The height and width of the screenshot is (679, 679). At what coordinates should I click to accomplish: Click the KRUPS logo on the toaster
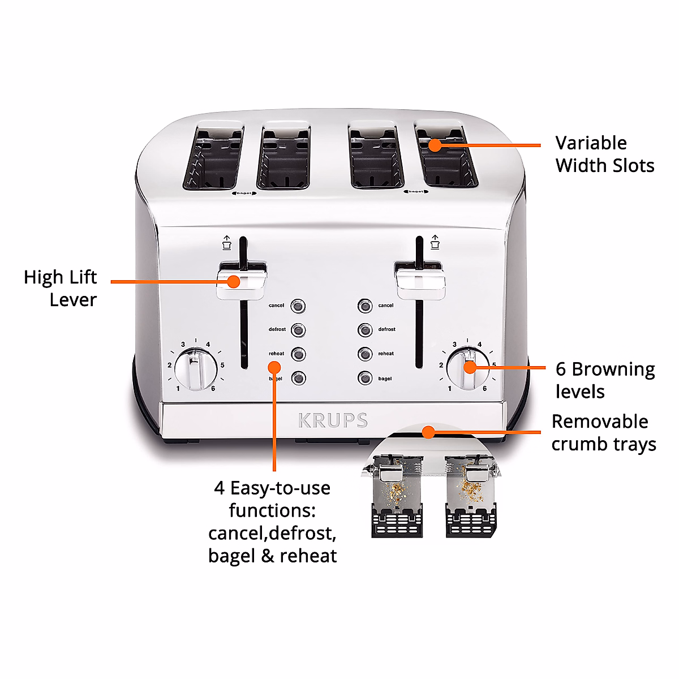click(333, 420)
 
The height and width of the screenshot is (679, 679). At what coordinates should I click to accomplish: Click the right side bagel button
click(365, 378)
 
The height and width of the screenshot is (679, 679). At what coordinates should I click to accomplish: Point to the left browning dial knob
click(195, 369)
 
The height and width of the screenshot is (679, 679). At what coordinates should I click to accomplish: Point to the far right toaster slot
click(446, 157)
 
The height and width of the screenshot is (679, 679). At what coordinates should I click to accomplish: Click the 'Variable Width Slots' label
click(604, 154)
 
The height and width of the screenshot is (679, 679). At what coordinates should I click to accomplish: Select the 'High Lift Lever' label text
click(61, 289)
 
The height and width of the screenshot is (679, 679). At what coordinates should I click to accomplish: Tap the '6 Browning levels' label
click(604, 380)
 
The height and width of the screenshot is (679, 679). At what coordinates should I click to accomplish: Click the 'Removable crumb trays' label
click(603, 433)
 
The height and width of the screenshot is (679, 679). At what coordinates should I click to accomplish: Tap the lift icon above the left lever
click(227, 242)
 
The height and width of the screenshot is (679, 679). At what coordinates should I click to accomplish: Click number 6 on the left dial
click(213, 389)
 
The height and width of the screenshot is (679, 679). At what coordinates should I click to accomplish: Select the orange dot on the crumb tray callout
click(429, 433)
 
